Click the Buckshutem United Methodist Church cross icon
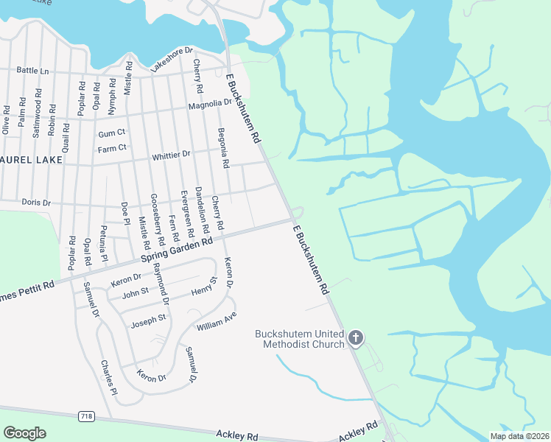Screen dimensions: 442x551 [356, 338]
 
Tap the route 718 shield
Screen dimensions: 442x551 [87, 417]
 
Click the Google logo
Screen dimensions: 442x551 [25, 433]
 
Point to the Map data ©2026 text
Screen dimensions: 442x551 [519, 436]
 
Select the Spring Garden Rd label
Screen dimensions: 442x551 [176, 251]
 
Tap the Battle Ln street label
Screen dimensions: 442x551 [32, 71]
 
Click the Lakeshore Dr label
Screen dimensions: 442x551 [171, 60]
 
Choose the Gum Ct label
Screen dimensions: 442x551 [112, 133]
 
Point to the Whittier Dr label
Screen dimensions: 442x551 [171, 155]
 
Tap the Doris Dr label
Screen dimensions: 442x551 [36, 202]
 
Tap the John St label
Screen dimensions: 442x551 [136, 292]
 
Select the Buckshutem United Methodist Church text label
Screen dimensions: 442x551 [300, 339]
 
